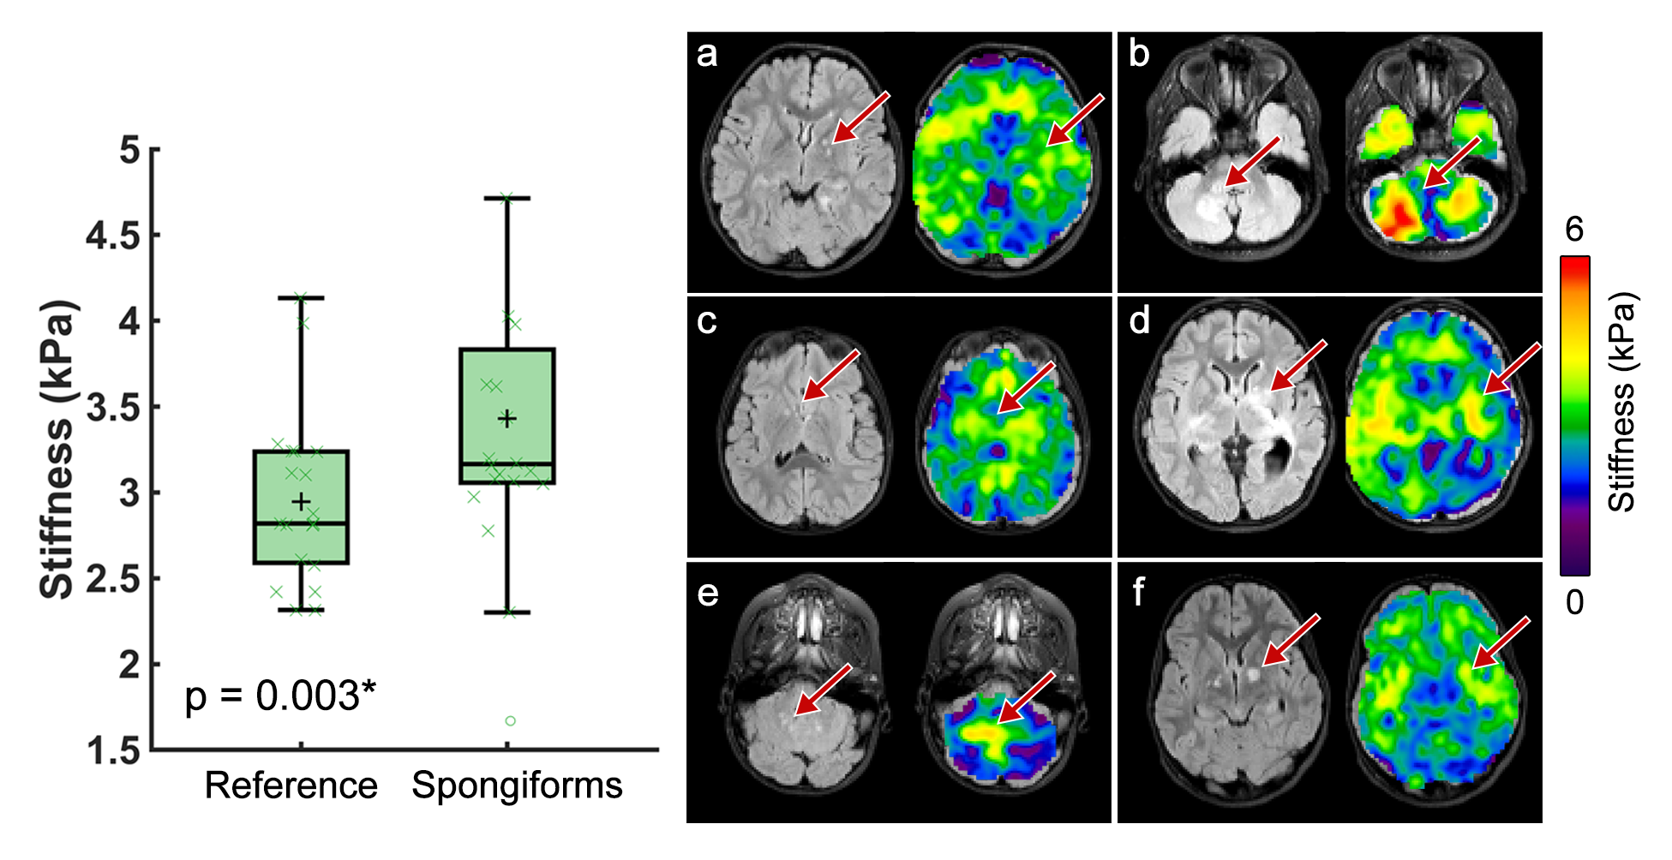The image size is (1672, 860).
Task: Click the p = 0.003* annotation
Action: point(280,696)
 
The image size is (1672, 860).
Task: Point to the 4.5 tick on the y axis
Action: point(114,236)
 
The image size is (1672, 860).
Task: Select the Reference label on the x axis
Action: point(291,785)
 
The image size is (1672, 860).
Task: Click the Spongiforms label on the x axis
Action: point(517,785)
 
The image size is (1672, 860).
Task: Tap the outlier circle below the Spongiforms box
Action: point(510,721)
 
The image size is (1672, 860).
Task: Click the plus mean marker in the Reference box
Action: point(301,501)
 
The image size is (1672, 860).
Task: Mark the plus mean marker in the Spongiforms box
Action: point(507,419)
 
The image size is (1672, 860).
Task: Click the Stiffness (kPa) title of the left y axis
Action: point(57,450)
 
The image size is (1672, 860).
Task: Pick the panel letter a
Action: point(707,54)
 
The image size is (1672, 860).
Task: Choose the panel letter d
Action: point(1139,320)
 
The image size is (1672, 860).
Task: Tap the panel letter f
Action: point(1138,591)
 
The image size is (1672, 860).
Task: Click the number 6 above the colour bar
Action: point(1574,230)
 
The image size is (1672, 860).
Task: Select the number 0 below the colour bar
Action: point(1574,603)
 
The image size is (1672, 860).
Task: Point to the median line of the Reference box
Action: point(301,523)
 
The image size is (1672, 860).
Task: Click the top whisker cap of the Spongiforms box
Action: point(507,198)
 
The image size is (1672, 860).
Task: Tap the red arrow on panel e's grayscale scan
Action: point(822,690)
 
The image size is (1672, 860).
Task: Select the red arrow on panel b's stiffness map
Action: point(1451,163)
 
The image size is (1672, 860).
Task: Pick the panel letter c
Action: point(707,321)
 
